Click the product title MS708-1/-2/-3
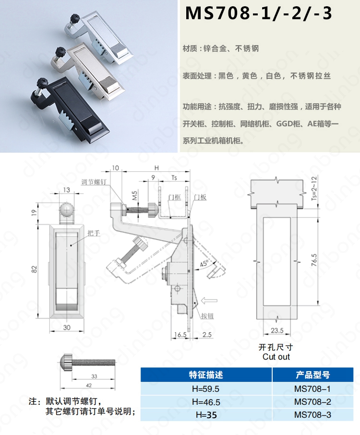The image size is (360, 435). pos(259,13)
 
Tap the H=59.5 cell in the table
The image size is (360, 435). pos(205,389)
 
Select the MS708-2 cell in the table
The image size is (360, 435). pos(312,402)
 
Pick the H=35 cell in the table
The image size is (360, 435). pos(206,415)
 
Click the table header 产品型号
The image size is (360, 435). pos(312,375)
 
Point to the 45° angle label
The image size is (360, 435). pos(204,263)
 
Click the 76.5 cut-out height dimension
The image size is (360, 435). pos(314,260)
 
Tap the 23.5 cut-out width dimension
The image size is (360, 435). pos(277,330)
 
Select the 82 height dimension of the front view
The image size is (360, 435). pos(34,269)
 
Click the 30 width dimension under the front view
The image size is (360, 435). pos(67,327)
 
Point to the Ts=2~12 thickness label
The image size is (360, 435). pos(314,188)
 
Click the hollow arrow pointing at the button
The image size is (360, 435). pos(209,301)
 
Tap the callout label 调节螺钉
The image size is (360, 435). pos(94,182)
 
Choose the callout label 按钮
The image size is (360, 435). pos(207,316)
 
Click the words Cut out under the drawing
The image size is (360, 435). pos(276,357)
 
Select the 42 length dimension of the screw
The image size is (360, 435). pos(89,386)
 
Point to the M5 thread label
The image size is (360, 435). pos(134,195)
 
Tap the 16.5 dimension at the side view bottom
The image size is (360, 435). pos(180,335)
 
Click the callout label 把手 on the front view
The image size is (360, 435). pos(94,233)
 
